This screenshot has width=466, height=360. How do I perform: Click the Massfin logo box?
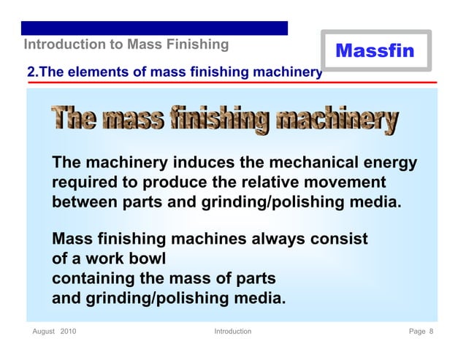[x=375, y=50]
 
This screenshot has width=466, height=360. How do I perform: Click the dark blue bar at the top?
[x=155, y=28]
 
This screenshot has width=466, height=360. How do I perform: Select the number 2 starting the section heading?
[x=31, y=72]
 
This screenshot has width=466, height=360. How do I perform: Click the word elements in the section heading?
[x=93, y=72]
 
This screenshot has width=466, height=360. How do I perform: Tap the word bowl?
[x=148, y=259]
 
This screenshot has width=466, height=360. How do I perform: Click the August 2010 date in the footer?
[x=54, y=332]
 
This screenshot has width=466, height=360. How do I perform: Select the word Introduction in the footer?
[x=232, y=332]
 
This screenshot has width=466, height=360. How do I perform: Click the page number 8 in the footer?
[x=431, y=332]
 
